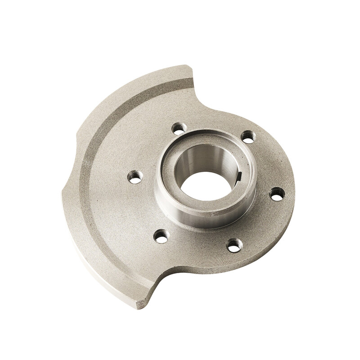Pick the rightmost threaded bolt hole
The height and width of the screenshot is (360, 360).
(x=277, y=193)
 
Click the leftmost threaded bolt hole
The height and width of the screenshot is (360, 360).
(x=135, y=176)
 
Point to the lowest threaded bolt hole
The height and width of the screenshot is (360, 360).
(x=234, y=245)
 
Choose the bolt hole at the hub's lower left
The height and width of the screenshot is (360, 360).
(x=161, y=236)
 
